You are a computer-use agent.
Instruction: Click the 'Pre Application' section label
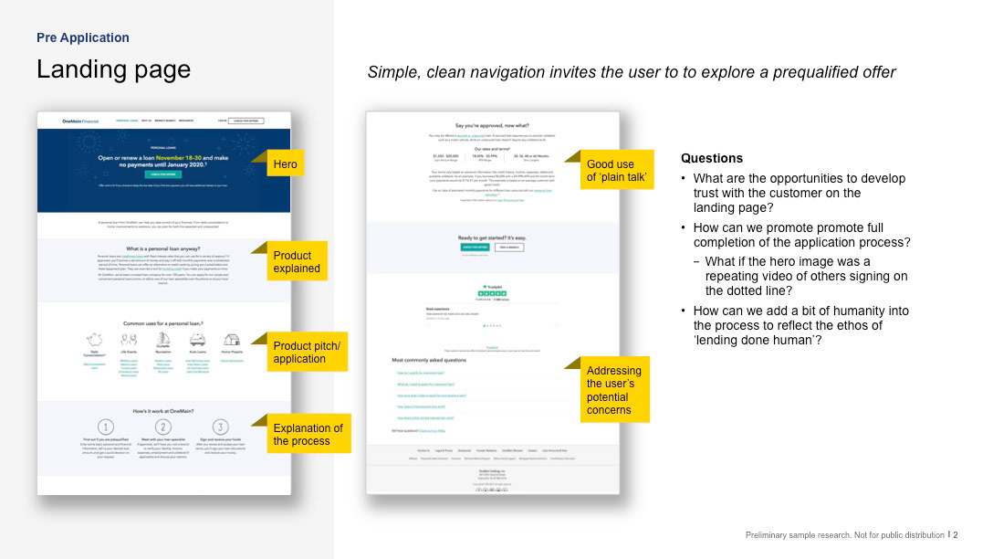tap(83, 37)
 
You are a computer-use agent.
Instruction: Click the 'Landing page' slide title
tap(113, 69)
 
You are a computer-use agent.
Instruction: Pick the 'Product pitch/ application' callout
tap(307, 352)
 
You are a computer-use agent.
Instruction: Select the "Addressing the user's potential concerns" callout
tap(615, 390)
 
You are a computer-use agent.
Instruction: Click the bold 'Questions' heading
tap(712, 158)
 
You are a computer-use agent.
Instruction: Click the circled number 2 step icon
tap(163, 427)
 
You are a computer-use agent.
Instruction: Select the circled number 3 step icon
tap(220, 427)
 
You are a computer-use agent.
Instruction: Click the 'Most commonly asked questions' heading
tap(429, 360)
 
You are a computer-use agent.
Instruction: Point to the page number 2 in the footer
tap(956, 535)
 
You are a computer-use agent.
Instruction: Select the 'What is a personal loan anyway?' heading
tap(164, 248)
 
